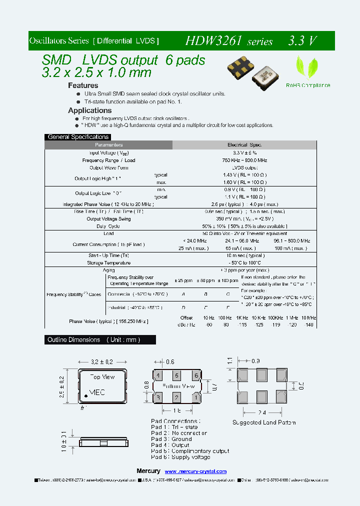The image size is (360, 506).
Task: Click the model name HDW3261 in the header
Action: (215, 40)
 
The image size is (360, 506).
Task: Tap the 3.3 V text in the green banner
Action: (302, 40)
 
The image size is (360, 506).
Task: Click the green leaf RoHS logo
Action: (305, 67)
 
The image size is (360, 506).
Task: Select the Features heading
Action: (83, 85)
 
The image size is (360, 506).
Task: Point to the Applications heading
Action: (90, 110)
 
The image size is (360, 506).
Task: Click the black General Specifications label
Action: (77, 137)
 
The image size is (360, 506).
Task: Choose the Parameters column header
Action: (108, 145)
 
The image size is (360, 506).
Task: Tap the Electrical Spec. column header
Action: (244, 145)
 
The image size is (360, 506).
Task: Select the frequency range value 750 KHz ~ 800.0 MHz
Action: (244, 160)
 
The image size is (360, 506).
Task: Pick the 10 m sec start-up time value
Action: (244, 255)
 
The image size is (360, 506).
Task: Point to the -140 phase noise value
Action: (309, 325)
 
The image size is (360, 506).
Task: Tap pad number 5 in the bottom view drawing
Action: (176, 375)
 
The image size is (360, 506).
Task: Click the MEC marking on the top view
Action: (97, 392)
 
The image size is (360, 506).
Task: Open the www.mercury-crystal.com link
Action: (195, 471)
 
